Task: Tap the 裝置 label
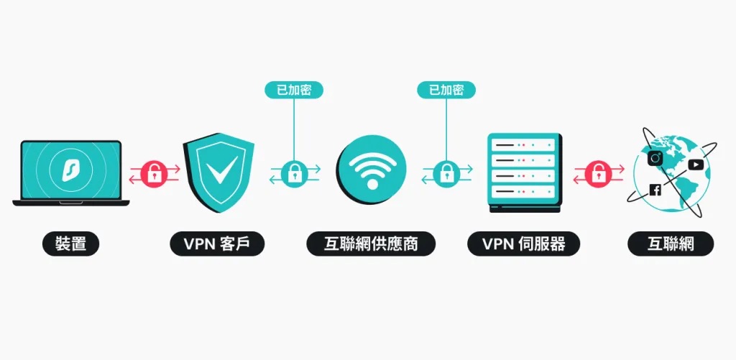(70, 244)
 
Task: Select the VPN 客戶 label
(217, 244)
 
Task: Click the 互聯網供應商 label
(371, 244)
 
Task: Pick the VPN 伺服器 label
(523, 244)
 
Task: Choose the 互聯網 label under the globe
(671, 244)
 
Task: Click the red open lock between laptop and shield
(155, 172)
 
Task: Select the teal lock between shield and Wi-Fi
(294, 172)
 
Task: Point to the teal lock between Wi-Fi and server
(447, 172)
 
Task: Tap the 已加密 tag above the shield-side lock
(294, 90)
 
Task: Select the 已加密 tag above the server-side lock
(447, 90)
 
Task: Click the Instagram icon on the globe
(655, 158)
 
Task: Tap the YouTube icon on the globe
(695, 165)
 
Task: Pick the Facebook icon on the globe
(655, 190)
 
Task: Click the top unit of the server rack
(523, 145)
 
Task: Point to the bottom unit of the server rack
(523, 193)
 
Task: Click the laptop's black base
(70, 203)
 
